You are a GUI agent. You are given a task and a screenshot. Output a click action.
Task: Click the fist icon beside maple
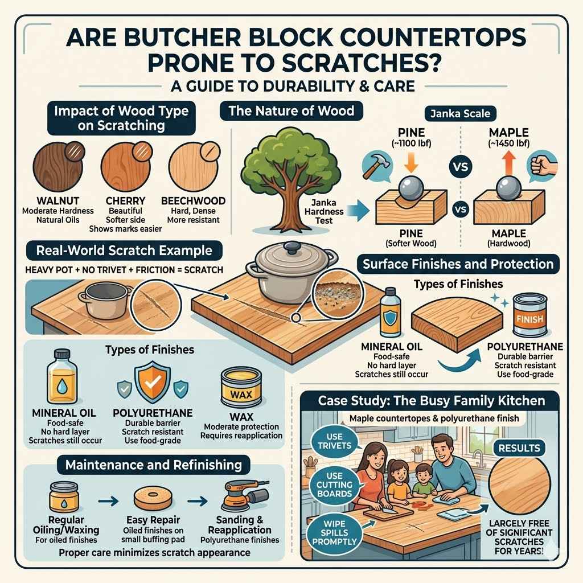click(539, 165)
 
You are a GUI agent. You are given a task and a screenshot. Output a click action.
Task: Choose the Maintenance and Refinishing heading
click(153, 465)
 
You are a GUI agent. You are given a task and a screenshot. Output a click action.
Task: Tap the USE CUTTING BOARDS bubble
click(335, 483)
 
